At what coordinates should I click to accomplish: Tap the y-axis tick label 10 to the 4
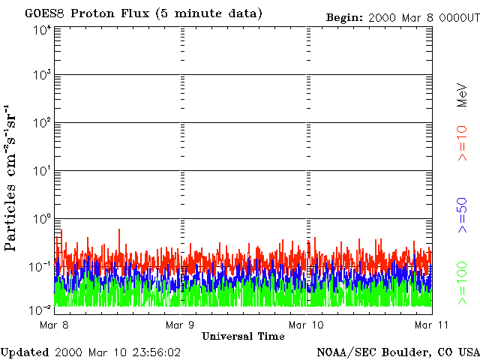pos(42,30)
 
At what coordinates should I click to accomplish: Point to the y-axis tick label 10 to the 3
pos(42,76)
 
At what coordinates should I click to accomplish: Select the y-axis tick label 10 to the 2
pos(42,124)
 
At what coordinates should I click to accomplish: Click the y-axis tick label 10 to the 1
pos(42,172)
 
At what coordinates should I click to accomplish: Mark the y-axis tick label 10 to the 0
pos(42,219)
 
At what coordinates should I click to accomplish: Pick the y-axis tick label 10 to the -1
pos(42,266)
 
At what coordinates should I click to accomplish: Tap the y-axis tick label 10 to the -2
pos(42,308)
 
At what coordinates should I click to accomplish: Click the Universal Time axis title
pos(243,337)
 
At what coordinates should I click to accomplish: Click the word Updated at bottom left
pos(24,352)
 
